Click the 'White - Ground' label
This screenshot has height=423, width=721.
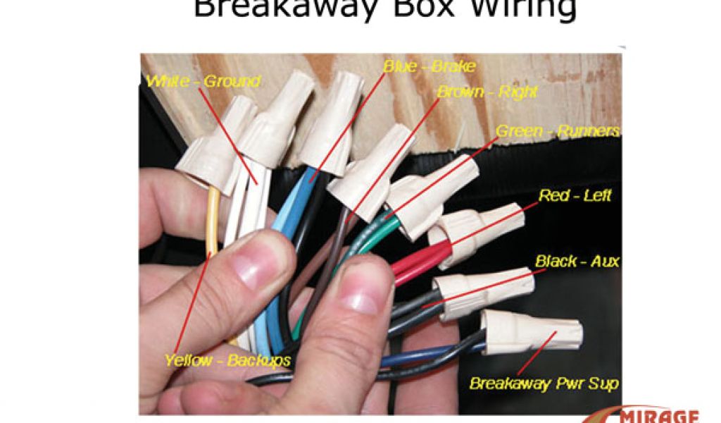click(203, 82)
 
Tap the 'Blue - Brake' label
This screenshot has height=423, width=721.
click(429, 67)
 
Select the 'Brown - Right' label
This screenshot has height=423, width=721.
click(487, 92)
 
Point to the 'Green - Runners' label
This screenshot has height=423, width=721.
click(558, 131)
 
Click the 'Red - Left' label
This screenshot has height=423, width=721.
click(575, 196)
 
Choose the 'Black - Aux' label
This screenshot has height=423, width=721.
click(577, 262)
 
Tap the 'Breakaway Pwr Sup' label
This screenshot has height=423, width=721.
click(544, 384)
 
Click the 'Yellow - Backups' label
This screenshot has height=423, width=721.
click(227, 360)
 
